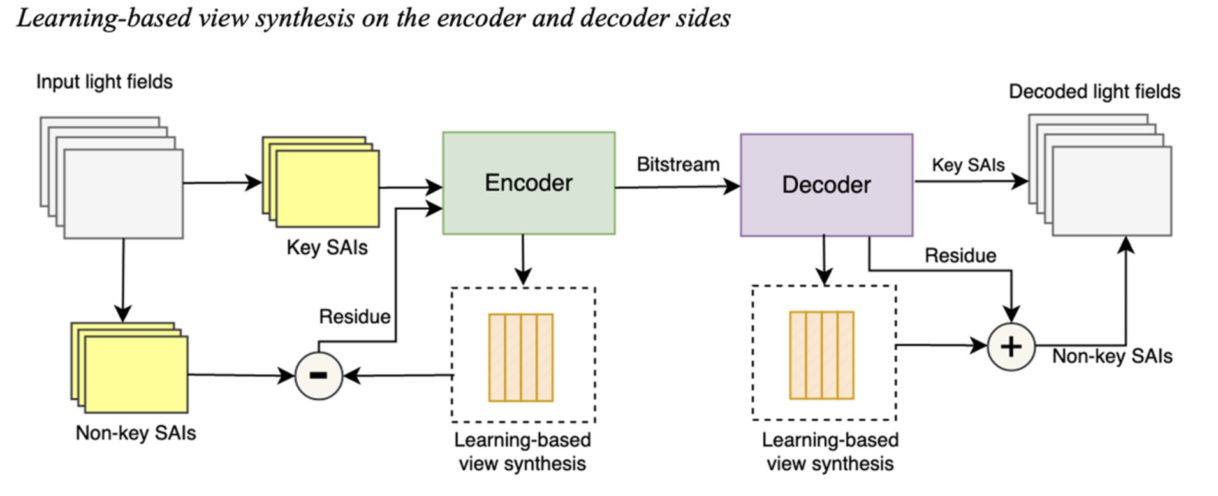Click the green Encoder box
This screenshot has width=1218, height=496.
(529, 183)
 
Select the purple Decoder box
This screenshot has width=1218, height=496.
(826, 185)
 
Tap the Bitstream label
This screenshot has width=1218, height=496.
(678, 164)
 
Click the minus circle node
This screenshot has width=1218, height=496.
(319, 376)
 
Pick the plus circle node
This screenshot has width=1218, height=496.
(1011, 347)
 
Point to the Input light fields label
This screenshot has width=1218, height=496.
(104, 82)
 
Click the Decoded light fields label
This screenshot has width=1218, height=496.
(1094, 92)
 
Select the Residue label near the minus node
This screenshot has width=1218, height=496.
(355, 317)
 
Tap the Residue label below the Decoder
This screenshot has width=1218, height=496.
(960, 256)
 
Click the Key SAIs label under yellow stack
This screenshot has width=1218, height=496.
(327, 247)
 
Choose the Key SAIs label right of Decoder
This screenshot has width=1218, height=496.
(968, 165)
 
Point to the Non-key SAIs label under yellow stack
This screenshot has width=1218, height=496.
(136, 434)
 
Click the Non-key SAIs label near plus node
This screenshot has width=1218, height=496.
(1112, 356)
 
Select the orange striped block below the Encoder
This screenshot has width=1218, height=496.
(521, 358)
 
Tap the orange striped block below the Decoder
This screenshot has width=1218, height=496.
(822, 356)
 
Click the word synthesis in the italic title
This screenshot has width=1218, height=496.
(305, 18)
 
